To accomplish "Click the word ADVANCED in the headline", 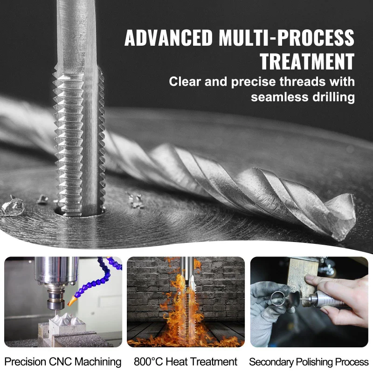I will click(x=168, y=38).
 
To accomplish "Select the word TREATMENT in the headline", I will click(x=307, y=62).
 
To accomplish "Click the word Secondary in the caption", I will click(x=269, y=362).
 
